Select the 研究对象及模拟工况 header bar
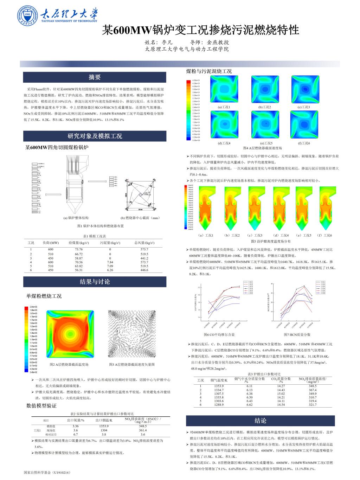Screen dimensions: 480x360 (95, 136)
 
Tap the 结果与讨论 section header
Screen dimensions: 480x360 (95, 282)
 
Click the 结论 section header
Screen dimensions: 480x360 (260, 421)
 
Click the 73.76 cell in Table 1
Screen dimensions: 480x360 (79, 249)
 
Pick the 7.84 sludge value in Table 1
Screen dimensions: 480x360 (110, 262)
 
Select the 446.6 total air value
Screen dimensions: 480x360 (144, 270)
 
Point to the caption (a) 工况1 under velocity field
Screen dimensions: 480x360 (224, 107)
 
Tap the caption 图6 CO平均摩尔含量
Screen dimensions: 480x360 (219, 334)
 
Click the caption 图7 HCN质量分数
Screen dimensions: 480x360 (297, 334)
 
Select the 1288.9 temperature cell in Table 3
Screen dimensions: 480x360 (219, 405)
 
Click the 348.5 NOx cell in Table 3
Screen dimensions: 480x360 (313, 386)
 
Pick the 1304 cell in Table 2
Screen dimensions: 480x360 (104, 430)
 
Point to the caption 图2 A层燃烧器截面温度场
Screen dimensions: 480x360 (69, 364)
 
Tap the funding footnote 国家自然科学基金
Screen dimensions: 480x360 (47, 473)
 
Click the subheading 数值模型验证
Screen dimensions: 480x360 (41, 406)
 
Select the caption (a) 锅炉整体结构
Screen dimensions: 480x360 (76, 218)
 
